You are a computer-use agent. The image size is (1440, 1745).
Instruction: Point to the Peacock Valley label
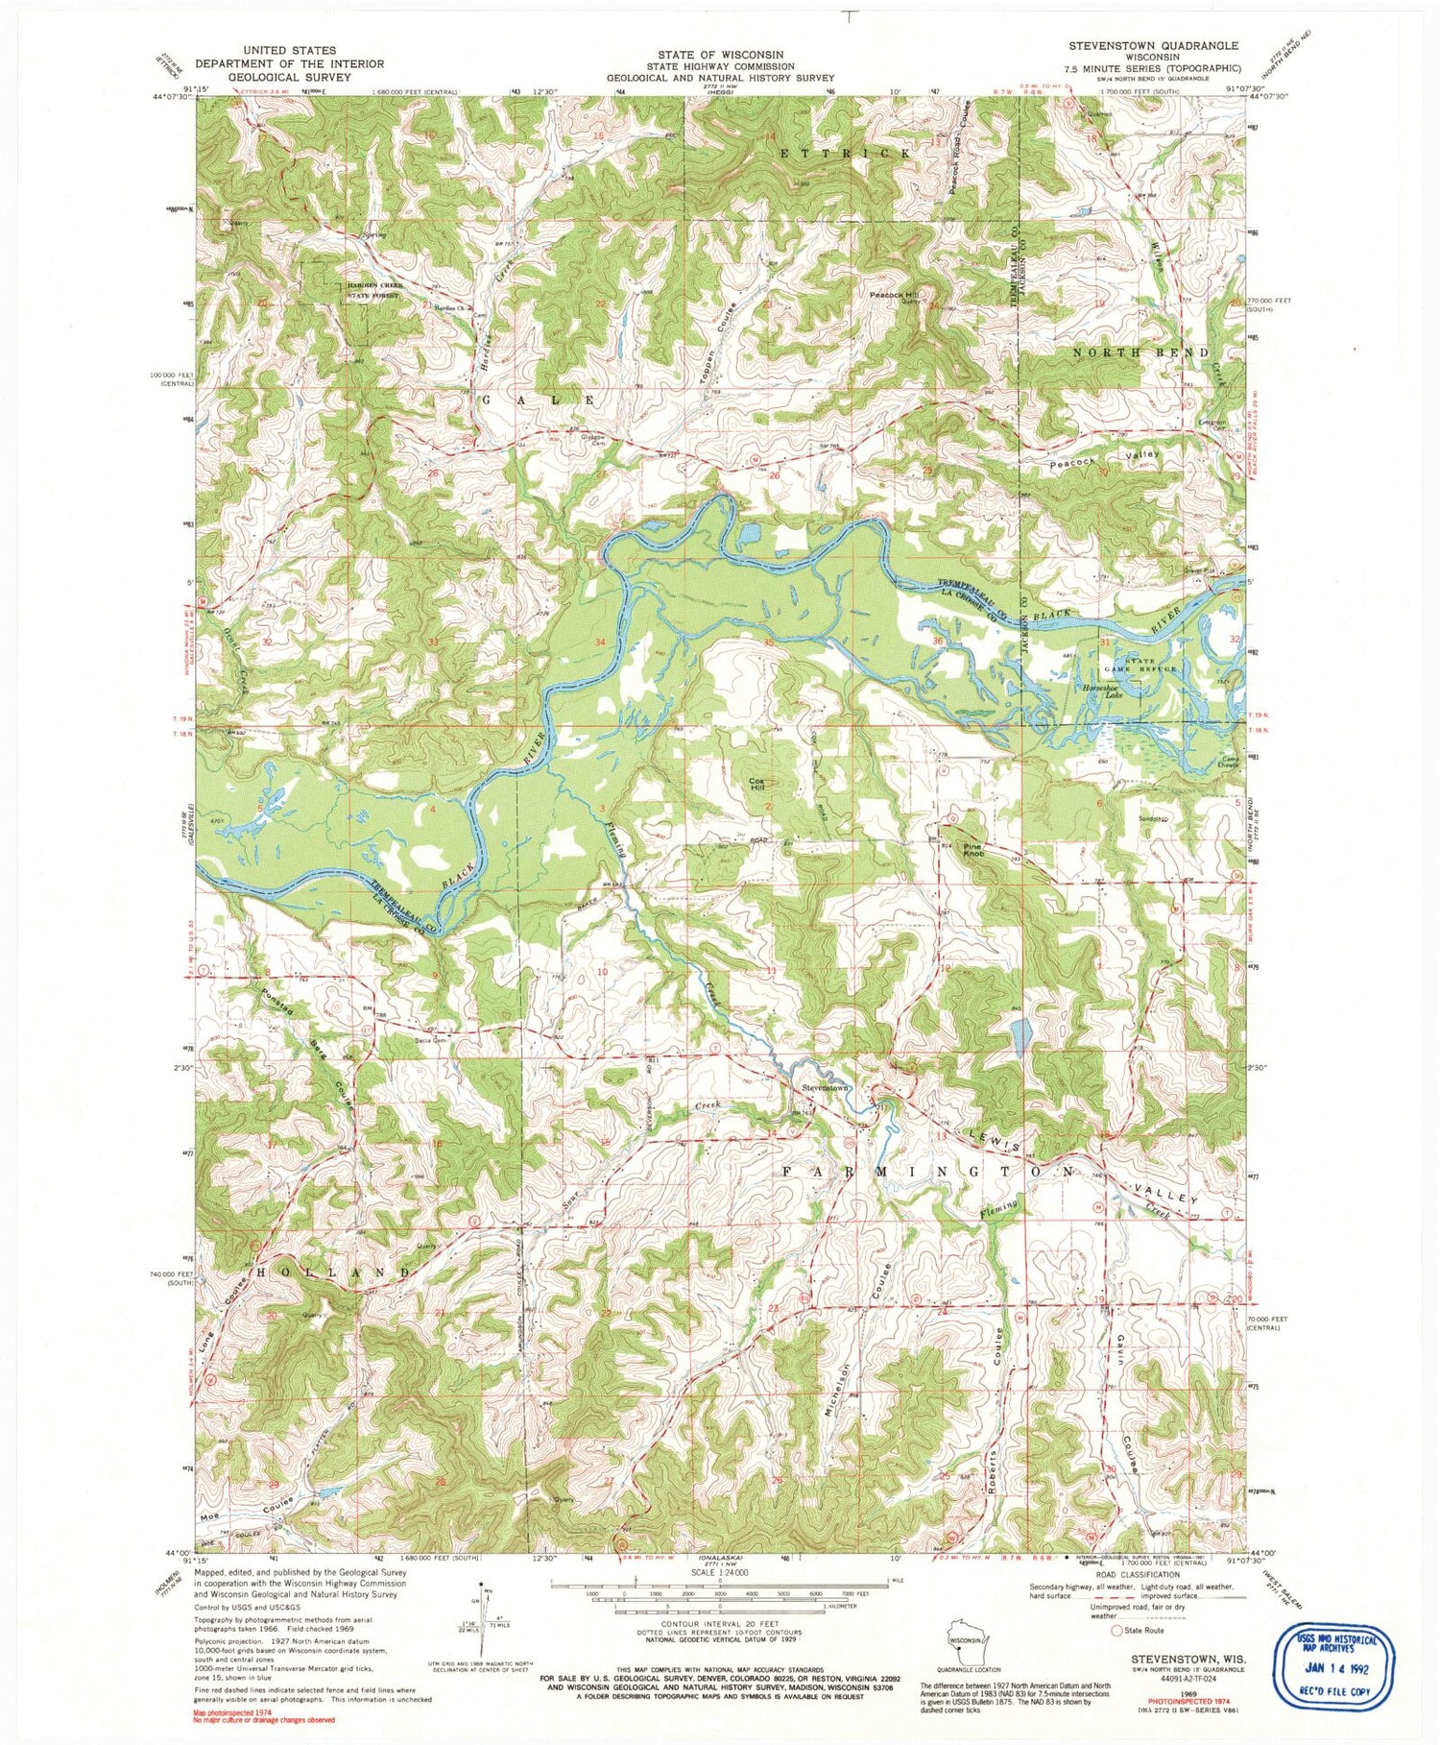coord(1104,459)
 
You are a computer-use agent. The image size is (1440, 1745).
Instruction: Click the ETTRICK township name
coord(844,153)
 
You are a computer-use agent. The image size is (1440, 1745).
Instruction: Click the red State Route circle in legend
coord(1116,1657)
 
